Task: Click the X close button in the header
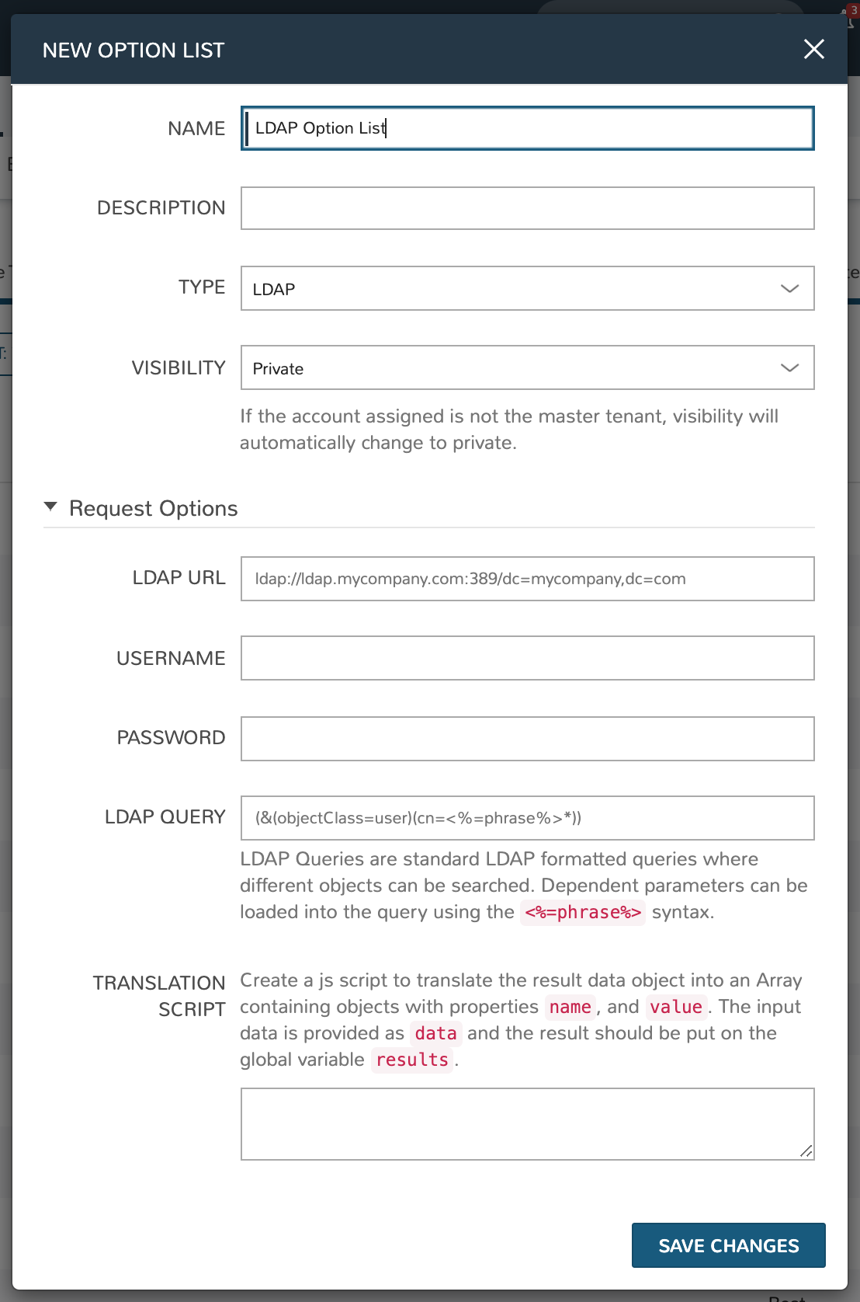[x=813, y=50]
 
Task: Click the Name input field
[x=527, y=128]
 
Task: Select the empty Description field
[x=527, y=208]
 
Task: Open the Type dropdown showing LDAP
[x=527, y=288]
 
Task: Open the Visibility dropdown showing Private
[x=527, y=367]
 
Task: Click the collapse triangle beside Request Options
[x=51, y=507]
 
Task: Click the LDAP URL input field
[x=527, y=579]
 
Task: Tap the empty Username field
[x=527, y=658]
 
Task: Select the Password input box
[x=527, y=738]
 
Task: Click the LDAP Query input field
[x=527, y=818]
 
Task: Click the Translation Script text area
[x=527, y=1123]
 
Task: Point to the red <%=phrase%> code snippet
[x=583, y=912]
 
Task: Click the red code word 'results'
[x=412, y=1060]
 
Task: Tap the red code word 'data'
[x=435, y=1033]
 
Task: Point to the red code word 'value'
[x=676, y=1007]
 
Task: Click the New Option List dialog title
[x=134, y=50]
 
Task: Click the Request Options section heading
[x=154, y=509]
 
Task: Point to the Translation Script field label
[x=160, y=996]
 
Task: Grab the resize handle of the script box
[x=806, y=1151]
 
